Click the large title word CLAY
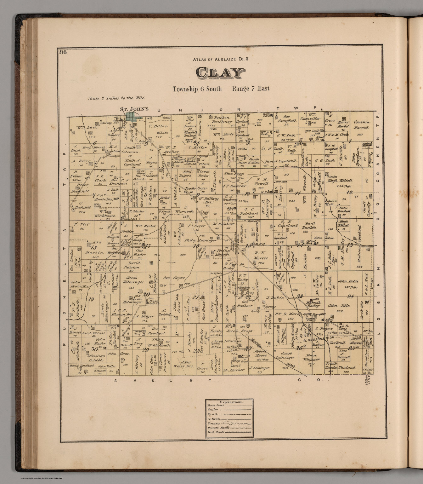pyautogui.click(x=221, y=73)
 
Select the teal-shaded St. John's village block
pyautogui.click(x=132, y=117)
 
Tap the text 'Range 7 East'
pyautogui.click(x=251, y=89)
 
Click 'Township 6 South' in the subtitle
pyautogui.click(x=197, y=89)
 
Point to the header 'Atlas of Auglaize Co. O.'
pyautogui.click(x=221, y=59)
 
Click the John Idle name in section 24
pyautogui.click(x=337, y=305)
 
